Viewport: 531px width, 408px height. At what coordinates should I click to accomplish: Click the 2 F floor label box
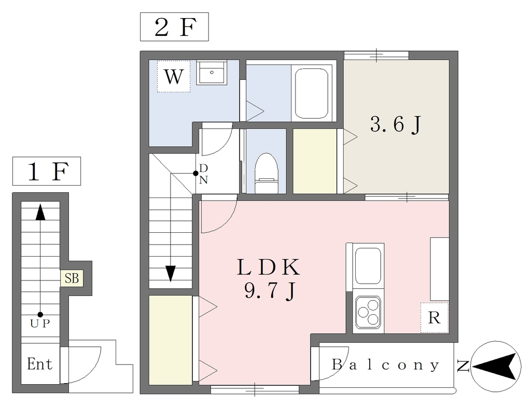(x=174, y=27)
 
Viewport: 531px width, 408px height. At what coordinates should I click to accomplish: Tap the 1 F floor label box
(x=47, y=171)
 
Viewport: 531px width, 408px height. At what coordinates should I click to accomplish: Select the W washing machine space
(x=174, y=76)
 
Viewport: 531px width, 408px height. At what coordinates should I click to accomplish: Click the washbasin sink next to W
(x=212, y=73)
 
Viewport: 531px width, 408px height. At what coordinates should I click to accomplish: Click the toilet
(x=266, y=173)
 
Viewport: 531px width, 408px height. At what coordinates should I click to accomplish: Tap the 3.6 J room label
(x=396, y=124)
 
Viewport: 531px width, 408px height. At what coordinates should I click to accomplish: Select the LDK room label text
(x=268, y=267)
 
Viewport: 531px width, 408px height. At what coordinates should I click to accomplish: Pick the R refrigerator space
(x=435, y=318)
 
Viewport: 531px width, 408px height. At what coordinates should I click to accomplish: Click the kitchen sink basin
(x=368, y=266)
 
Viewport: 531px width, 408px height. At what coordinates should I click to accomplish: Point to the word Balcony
(x=385, y=365)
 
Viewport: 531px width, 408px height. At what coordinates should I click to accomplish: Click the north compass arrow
(x=496, y=367)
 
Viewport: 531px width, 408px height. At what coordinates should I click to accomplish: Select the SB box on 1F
(x=72, y=278)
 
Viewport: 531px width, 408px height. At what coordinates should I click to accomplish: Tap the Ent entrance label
(x=40, y=364)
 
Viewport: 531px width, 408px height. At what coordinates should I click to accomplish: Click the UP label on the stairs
(x=40, y=323)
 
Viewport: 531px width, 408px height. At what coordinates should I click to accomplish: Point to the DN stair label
(x=203, y=174)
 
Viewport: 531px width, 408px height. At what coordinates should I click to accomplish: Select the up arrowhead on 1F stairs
(x=40, y=212)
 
